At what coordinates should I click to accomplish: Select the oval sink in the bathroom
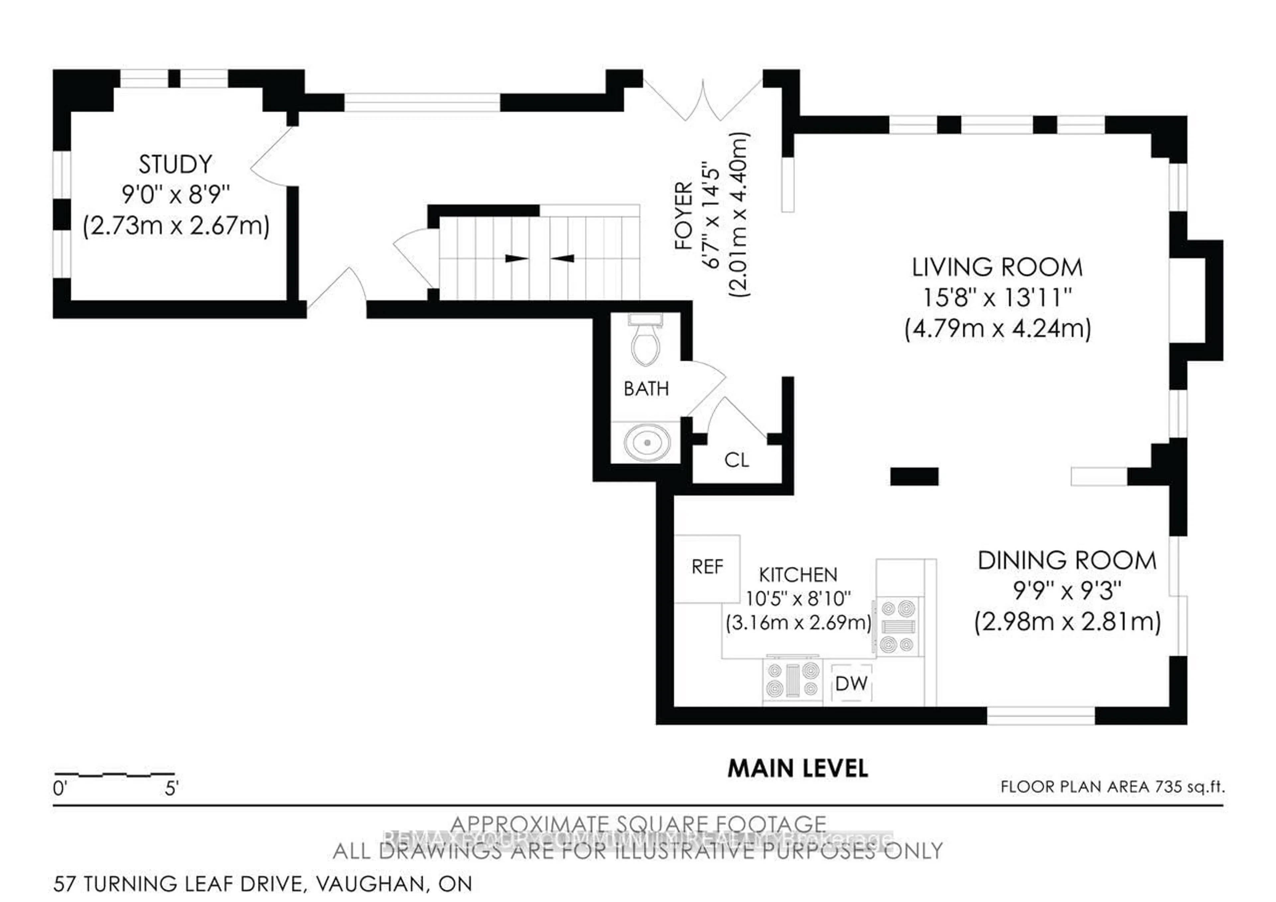tap(647, 443)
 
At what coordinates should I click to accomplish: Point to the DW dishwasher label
tap(851, 684)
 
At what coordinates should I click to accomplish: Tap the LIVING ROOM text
tap(997, 268)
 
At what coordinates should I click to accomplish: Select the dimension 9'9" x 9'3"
tap(1067, 591)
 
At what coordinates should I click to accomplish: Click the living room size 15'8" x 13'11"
tap(997, 298)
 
